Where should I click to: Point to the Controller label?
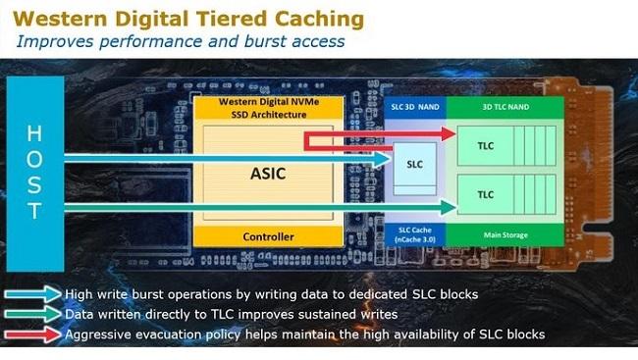(x=267, y=236)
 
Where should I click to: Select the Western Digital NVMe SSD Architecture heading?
(x=267, y=109)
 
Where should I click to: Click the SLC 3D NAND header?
(x=414, y=105)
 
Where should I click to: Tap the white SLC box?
(x=414, y=164)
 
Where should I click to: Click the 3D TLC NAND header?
(x=506, y=105)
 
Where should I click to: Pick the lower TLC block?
(x=486, y=194)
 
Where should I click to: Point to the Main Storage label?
(x=506, y=235)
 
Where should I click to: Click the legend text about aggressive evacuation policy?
(x=304, y=334)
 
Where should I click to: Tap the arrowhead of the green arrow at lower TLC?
(x=450, y=207)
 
